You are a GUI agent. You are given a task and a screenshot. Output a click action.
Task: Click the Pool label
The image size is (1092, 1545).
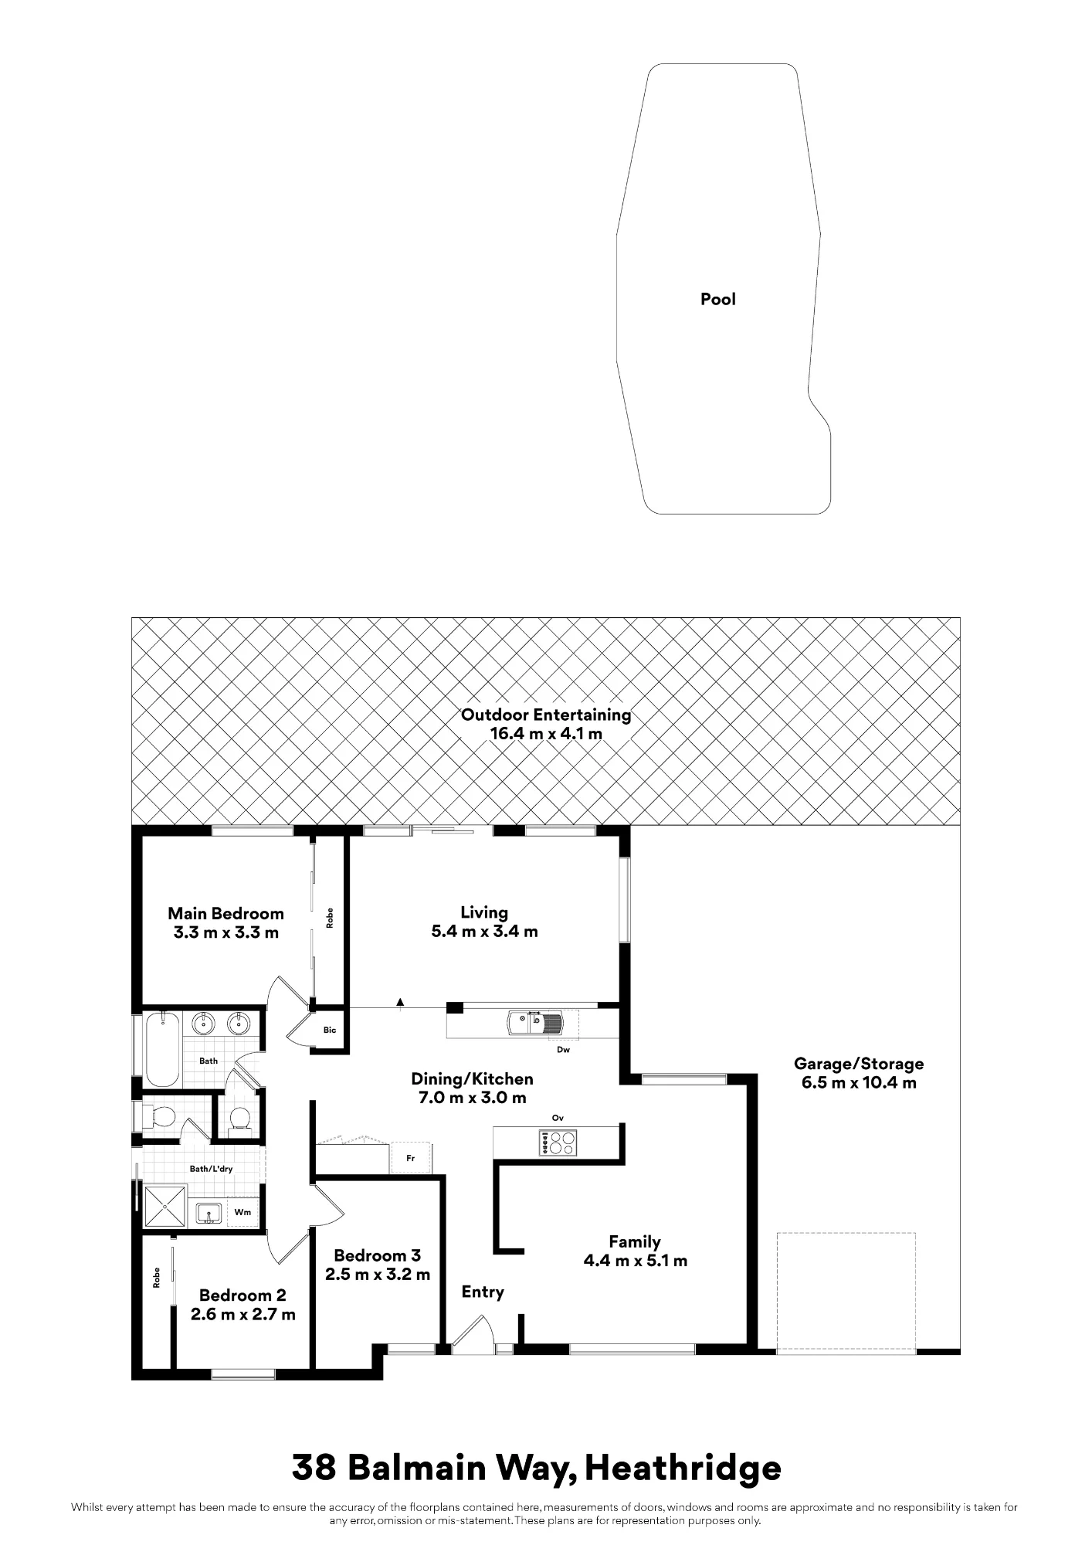717,299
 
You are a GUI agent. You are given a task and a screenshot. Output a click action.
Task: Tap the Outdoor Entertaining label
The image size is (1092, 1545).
546,724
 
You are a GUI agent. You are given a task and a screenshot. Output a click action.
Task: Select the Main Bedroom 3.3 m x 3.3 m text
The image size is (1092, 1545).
226,922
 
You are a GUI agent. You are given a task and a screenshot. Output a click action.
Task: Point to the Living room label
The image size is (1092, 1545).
484,922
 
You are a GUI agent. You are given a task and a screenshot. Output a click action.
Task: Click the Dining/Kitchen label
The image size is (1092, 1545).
472,1088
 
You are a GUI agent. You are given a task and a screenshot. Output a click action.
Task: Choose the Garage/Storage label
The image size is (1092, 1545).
859,1072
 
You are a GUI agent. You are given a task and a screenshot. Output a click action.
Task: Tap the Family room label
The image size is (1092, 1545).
635,1251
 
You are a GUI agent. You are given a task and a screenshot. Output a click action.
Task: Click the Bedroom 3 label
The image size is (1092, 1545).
378,1265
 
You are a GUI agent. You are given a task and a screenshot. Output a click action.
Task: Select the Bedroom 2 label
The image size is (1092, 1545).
242,1304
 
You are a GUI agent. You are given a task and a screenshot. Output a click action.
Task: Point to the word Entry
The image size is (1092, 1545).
483,1292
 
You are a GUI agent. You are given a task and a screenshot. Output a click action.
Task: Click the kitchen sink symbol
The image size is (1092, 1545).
535,1023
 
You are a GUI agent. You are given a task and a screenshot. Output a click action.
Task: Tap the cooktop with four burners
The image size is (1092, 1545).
558,1143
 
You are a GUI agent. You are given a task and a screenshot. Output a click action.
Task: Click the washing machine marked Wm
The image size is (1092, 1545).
242,1212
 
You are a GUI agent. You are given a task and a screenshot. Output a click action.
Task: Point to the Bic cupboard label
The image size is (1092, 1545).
330,1030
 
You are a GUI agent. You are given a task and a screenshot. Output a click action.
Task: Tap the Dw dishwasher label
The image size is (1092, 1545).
563,1050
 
